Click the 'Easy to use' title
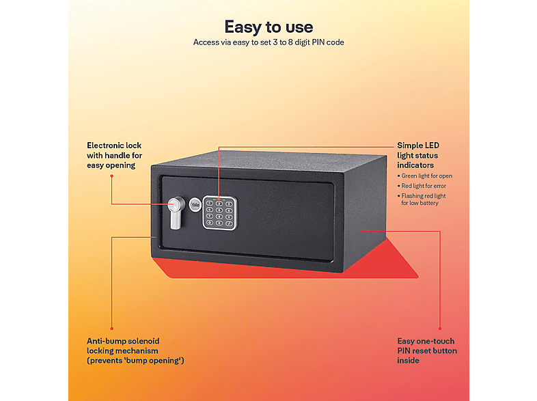(x=268, y=27)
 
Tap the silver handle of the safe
(x=176, y=212)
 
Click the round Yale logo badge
(x=195, y=205)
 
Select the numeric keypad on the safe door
(x=219, y=213)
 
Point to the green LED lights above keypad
(x=219, y=199)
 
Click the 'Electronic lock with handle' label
(x=114, y=156)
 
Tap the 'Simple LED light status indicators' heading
(x=418, y=156)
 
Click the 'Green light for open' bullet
(x=425, y=176)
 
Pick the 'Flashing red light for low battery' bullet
(x=422, y=199)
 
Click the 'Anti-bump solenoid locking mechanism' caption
(x=135, y=350)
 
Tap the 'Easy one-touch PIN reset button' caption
(x=427, y=350)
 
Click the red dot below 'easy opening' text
(x=111, y=176)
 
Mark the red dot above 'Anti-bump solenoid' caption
(x=111, y=329)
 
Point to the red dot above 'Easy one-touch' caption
(x=440, y=329)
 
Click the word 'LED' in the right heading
(x=432, y=146)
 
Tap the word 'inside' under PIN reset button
(x=409, y=361)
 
